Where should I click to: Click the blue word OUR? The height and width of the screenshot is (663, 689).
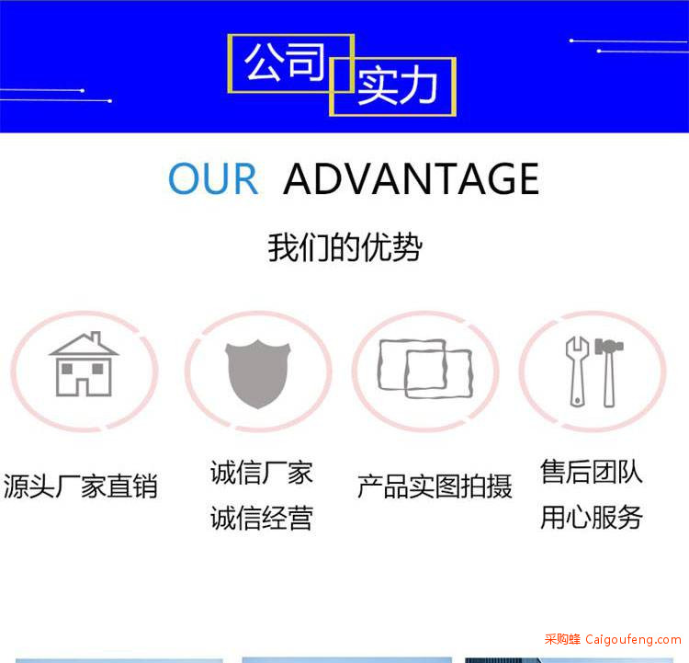coord(213,178)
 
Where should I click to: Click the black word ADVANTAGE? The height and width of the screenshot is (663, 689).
coord(412,178)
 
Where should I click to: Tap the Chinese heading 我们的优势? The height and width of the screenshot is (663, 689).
coord(344,247)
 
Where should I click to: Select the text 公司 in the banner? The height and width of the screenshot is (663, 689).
coord(285,63)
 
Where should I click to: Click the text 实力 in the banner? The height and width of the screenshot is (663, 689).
coord(398,86)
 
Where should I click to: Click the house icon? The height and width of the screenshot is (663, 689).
coord(84,364)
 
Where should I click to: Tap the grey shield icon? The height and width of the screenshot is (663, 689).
coord(258,374)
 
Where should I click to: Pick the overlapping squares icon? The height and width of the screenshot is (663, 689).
coord(425,369)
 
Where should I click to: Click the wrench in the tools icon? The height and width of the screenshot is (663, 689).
coord(577,372)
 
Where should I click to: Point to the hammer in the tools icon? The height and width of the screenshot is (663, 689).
coord(609,372)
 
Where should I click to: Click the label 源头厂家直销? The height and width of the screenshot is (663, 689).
coord(81,486)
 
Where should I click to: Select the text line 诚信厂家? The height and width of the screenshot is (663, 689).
coord(262,473)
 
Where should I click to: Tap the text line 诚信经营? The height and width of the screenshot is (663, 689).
coord(262,518)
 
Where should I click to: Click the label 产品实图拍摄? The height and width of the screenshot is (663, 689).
coord(435,486)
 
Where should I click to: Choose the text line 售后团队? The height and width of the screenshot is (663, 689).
coord(592,472)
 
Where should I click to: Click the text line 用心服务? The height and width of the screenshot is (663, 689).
coord(592,517)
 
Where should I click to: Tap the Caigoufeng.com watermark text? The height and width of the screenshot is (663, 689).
coord(633,639)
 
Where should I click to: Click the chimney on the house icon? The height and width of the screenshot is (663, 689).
coord(96,338)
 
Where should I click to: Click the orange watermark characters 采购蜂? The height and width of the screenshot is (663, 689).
coord(562,639)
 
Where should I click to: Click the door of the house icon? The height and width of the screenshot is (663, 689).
coord(83,387)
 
